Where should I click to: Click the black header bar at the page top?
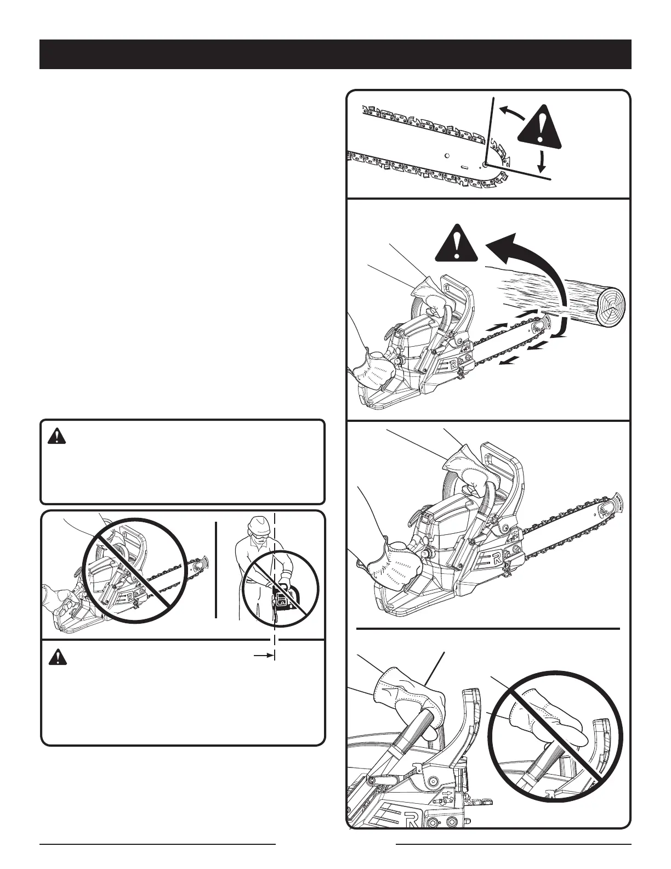click(336, 54)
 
